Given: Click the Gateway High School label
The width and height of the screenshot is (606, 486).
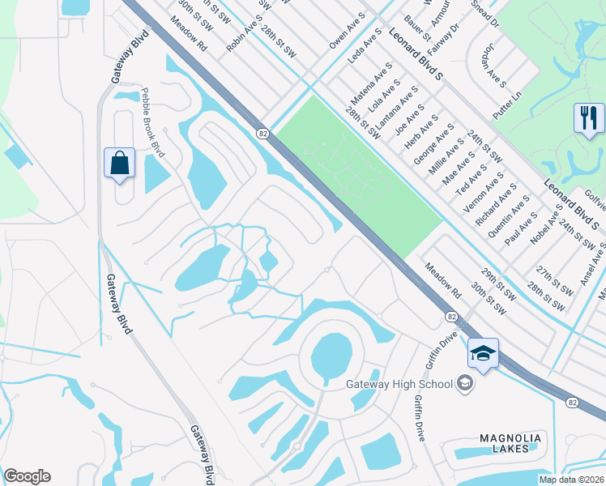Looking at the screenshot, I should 398,383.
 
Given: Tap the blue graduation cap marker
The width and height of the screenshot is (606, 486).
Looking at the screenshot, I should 483,355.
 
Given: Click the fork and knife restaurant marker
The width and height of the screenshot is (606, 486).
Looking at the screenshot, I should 589,118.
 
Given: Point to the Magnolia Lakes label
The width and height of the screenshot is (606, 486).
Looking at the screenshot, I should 510,442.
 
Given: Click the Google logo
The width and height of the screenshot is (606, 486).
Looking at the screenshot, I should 27,476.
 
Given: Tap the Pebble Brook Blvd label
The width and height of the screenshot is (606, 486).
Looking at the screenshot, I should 153,123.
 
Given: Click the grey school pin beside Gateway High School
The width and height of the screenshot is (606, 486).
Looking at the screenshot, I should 465,382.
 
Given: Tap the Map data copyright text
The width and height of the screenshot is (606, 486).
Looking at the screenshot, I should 572,480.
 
